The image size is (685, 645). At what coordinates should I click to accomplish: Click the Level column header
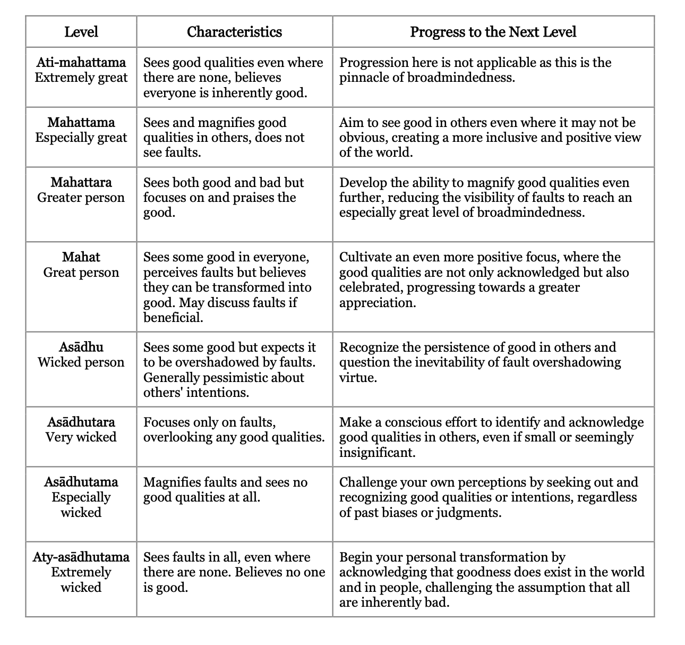click(81, 32)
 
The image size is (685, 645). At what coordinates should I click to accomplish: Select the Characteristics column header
click(234, 32)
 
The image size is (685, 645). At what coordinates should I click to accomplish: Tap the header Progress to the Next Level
click(493, 32)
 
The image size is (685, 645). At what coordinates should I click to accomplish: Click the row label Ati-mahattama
click(81, 63)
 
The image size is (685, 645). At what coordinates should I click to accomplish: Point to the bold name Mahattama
click(81, 123)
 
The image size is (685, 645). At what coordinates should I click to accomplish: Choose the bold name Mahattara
click(81, 183)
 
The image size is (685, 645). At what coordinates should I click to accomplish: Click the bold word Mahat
click(81, 257)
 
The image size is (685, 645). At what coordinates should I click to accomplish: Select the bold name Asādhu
click(81, 347)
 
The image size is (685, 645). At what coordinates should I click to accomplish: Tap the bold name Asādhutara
click(81, 422)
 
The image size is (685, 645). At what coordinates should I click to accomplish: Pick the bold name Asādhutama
click(81, 482)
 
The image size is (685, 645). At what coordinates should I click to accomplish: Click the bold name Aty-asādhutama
click(81, 557)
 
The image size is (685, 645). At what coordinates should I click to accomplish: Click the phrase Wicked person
click(81, 363)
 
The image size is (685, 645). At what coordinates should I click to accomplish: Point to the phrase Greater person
click(81, 198)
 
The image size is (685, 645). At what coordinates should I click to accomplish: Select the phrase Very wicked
click(81, 437)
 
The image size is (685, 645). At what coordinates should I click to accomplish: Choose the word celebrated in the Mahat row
click(371, 287)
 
